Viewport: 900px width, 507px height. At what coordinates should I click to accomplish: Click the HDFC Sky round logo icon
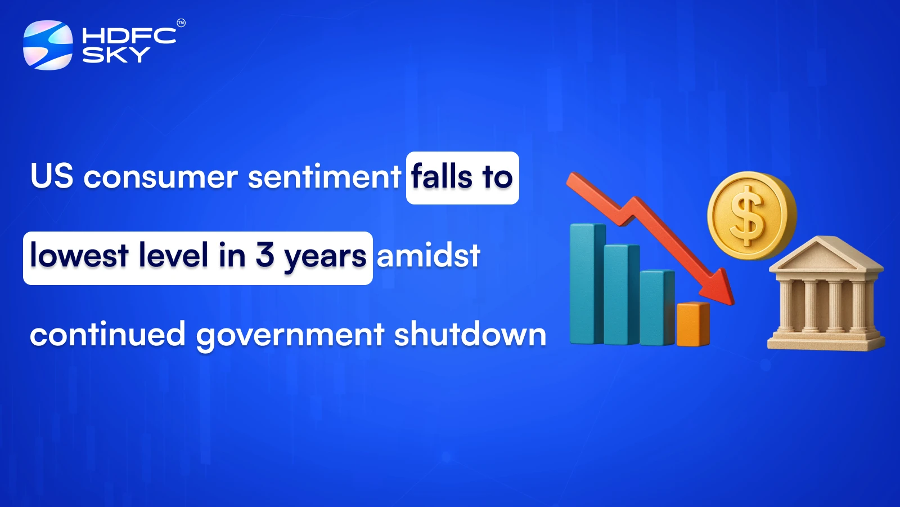pos(48,45)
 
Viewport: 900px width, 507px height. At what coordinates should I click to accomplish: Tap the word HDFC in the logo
pos(129,36)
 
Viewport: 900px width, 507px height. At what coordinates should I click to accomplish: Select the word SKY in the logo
pos(116,55)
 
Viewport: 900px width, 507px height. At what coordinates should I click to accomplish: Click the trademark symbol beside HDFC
pos(181,23)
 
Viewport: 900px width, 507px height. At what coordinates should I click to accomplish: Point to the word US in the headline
pos(52,176)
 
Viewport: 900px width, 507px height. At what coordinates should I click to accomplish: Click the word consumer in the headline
pos(160,177)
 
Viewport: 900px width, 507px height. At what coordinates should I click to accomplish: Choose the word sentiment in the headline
pos(324,177)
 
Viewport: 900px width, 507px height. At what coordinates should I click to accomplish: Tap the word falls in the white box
pos(442,177)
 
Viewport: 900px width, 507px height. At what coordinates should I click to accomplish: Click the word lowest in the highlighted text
pos(79,256)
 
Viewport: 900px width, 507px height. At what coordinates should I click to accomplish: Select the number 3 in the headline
pos(264,256)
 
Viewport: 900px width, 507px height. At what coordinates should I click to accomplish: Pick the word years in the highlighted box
pos(325,258)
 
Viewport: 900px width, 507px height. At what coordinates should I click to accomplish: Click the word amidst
pos(429,256)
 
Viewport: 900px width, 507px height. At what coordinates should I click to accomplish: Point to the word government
pos(290,336)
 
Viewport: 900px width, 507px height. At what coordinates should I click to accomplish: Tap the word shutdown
pos(470,335)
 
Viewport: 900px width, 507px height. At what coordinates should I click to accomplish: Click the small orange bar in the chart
pos(692,324)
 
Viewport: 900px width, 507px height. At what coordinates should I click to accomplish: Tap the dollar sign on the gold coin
pos(748,216)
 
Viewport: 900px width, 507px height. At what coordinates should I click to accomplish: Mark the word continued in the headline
pos(107,335)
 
